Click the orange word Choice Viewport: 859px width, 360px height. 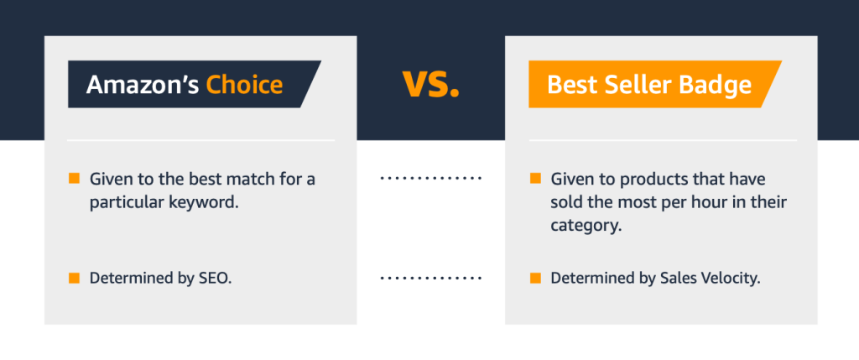coord(244,85)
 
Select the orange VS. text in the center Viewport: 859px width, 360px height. coord(430,84)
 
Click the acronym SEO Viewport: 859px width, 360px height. coord(214,279)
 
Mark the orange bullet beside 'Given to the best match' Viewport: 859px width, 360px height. coord(74,178)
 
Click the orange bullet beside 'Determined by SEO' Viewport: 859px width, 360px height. coord(74,278)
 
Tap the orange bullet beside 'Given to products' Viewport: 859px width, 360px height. coord(535,178)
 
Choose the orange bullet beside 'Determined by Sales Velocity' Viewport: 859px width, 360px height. coord(535,278)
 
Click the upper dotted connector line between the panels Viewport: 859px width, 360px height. coord(430,178)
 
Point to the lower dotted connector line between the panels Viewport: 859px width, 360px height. coord(430,279)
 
